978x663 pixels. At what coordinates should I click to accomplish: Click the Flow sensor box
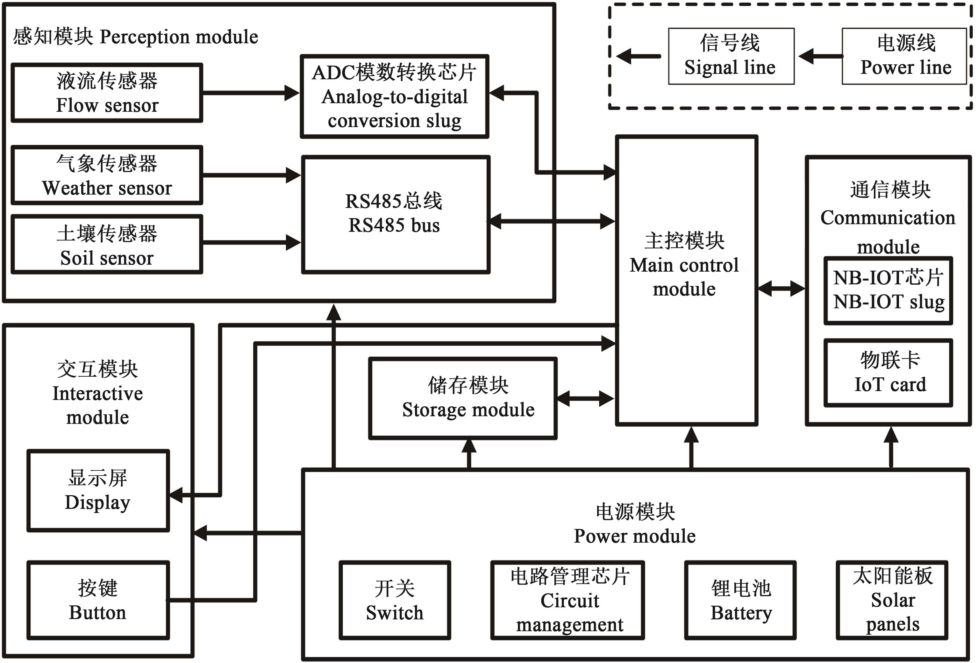point(107,93)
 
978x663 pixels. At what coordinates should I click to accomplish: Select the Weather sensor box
point(107,175)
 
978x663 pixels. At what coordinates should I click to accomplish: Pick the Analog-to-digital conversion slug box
point(394,96)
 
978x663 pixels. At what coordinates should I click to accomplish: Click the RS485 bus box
point(396,215)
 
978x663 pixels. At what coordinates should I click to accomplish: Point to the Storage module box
point(463,398)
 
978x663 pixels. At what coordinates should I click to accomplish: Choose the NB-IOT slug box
point(888,291)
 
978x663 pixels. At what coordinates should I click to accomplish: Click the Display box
point(98,490)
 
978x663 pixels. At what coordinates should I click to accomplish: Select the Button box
point(98,600)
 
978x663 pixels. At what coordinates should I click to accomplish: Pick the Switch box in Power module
point(395,600)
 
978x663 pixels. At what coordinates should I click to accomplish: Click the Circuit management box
point(567,600)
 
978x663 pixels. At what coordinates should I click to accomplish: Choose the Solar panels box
point(892,600)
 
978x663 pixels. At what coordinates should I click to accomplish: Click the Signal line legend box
point(731,56)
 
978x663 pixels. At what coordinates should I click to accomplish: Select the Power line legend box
point(904,56)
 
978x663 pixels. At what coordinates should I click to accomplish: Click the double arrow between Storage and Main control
point(585,398)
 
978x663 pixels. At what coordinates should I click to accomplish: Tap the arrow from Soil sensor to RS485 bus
point(251,243)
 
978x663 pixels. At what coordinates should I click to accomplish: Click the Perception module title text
point(136,37)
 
